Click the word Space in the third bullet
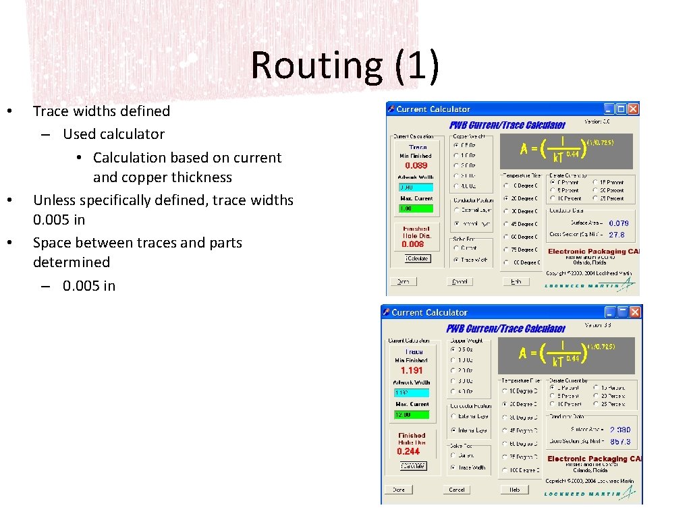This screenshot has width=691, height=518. click(x=53, y=243)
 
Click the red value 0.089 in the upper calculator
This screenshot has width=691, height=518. click(x=416, y=165)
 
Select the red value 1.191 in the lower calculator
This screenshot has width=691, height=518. click(x=412, y=370)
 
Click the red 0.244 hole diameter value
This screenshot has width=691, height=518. click(x=408, y=451)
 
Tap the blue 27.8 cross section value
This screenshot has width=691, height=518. click(x=617, y=235)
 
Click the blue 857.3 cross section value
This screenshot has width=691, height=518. click(x=620, y=442)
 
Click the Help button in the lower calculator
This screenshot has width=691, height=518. click(x=514, y=490)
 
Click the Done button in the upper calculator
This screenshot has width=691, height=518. click(x=403, y=281)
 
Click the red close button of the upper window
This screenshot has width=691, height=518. click(x=632, y=109)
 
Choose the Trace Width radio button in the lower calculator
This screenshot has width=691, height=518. click(x=453, y=467)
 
